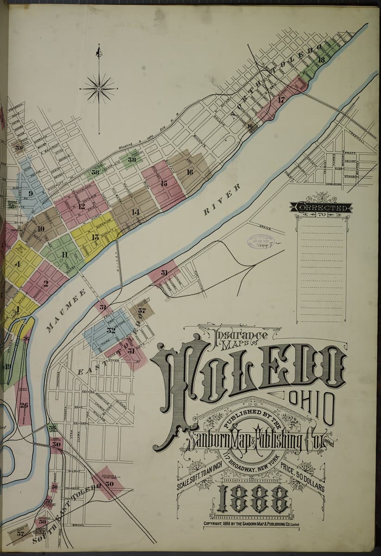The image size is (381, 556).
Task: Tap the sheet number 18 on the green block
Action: pyautogui.click(x=321, y=59)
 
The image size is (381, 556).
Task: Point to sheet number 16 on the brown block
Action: pyautogui.click(x=189, y=172)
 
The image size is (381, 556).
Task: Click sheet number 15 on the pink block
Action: pyautogui.click(x=164, y=183)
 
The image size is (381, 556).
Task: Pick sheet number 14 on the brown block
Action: pyautogui.click(x=135, y=212)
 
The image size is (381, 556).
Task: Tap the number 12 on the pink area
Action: pyautogui.click(x=81, y=206)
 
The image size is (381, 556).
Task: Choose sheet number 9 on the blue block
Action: pyautogui.click(x=30, y=194)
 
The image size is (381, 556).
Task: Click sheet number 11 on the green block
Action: pyautogui.click(x=64, y=254)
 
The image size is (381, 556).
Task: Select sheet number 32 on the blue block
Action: pyautogui.click(x=111, y=330)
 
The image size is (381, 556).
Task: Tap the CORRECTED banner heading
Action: pyautogui.click(x=321, y=208)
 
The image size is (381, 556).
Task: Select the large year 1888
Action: pyautogui.click(x=253, y=499)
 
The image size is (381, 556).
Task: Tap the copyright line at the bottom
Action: pyautogui.click(x=252, y=524)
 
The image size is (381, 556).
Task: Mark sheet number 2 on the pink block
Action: pyautogui.click(x=45, y=284)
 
